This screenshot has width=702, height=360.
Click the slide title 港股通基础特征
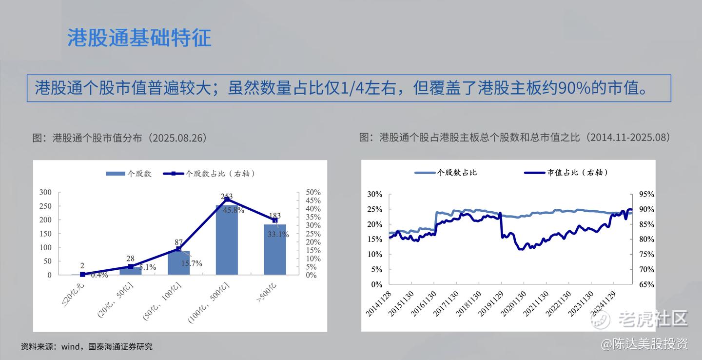pyautogui.click(x=139, y=38)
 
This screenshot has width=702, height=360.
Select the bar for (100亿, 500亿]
pyautogui.click(x=227, y=240)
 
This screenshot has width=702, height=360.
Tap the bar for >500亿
pyautogui.click(x=275, y=250)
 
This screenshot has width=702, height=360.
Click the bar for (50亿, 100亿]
pyautogui.click(x=178, y=263)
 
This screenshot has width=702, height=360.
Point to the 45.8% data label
pyautogui.click(x=234, y=210)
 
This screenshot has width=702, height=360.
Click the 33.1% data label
pyautogui.click(x=278, y=234)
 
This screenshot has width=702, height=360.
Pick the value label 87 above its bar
pyautogui.click(x=178, y=242)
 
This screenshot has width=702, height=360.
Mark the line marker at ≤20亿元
pyautogui.click(x=82, y=274)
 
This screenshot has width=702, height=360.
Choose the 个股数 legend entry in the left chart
pyautogui.click(x=129, y=174)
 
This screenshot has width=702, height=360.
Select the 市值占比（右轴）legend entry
pyautogui.click(x=566, y=173)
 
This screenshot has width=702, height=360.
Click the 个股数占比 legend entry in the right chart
pyautogui.click(x=446, y=173)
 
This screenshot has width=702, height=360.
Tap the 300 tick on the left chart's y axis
pyautogui.click(x=45, y=192)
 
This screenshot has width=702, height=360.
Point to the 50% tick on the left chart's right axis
pyautogui.click(x=313, y=192)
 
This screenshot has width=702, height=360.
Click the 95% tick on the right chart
pyautogui.click(x=646, y=195)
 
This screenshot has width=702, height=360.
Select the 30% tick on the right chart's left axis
pyautogui.click(x=375, y=195)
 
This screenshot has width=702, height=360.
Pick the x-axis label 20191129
pyautogui.click(x=490, y=303)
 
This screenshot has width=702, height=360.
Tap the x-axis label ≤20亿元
pyautogui.click(x=73, y=294)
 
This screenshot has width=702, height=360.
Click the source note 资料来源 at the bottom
pyautogui.click(x=87, y=346)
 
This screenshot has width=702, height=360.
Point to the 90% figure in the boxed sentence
pyautogui.click(x=574, y=88)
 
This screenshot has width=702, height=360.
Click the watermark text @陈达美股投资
pyautogui.click(x=644, y=344)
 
